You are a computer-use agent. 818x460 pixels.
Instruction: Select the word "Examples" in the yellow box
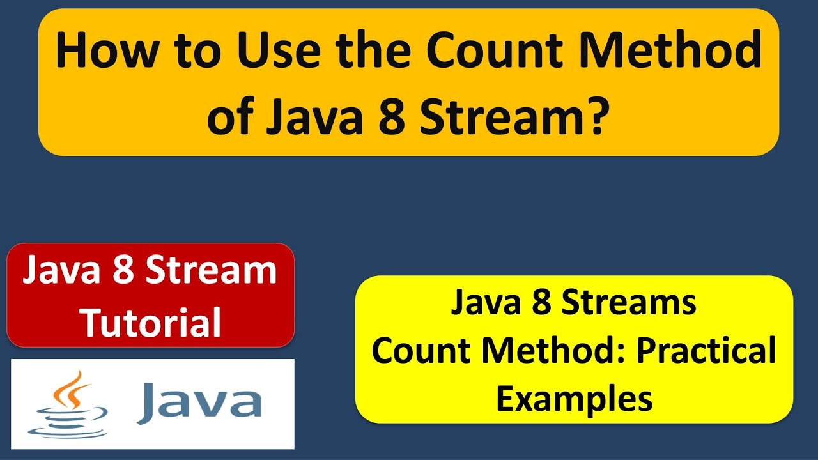574,399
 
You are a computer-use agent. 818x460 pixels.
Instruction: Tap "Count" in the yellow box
419,351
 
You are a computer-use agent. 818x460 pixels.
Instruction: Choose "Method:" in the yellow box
555,351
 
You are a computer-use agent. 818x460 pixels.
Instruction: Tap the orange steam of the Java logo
73,389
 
